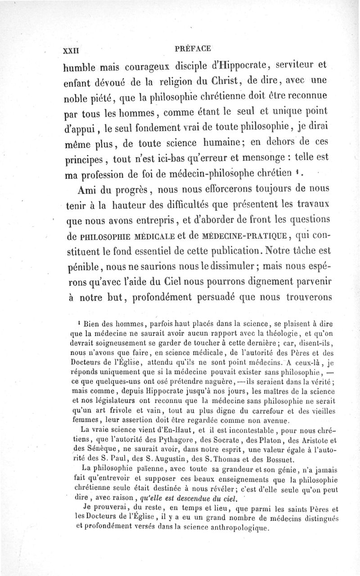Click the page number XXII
pyautogui.click(x=74, y=48)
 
